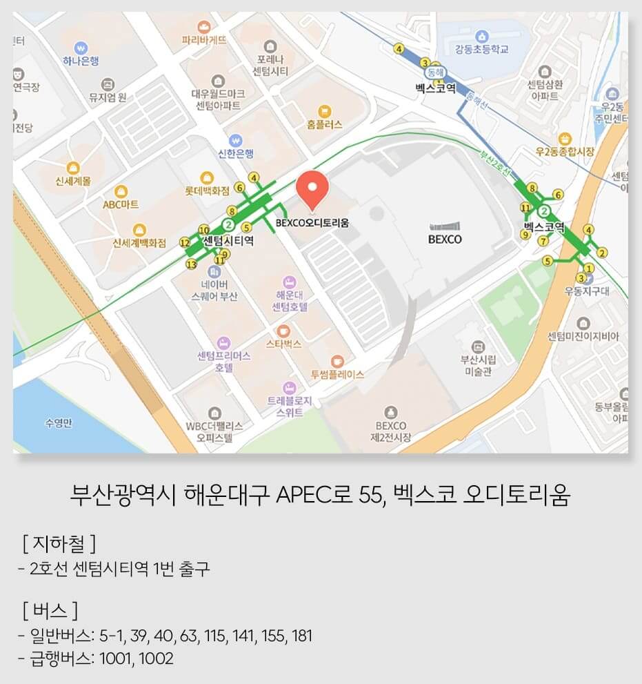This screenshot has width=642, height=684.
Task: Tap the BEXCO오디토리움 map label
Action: coord(312,223)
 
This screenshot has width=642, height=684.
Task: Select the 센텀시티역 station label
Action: coord(229,241)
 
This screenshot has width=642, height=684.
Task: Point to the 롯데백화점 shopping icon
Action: coord(205,177)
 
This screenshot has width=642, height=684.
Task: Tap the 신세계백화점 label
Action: coord(140,243)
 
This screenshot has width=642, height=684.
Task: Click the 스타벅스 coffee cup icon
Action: coord(283,331)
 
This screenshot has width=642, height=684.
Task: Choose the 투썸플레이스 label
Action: coord(337,375)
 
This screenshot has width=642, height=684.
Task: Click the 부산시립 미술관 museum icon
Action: coord(478,346)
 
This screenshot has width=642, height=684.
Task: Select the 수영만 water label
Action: coord(58,423)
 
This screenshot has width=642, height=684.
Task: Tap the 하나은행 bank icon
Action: coord(82,49)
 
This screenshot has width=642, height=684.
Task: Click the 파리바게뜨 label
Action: coord(203,40)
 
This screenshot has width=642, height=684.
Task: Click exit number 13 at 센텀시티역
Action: coord(191,264)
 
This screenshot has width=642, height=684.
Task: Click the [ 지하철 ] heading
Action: coord(58,545)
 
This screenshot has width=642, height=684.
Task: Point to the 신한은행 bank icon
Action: coord(236,139)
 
